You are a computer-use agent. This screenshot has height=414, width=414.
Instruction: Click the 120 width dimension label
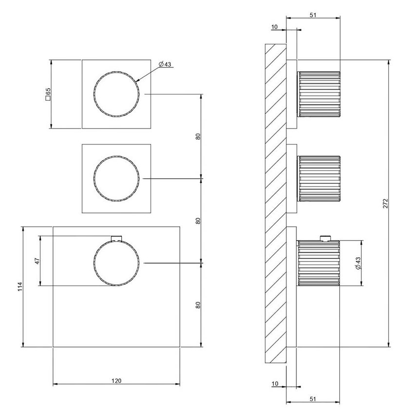116,380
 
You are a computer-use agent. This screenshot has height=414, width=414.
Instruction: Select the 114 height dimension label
20,287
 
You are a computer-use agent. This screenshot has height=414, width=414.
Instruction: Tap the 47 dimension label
37,261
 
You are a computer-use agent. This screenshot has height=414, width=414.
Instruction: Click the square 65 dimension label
48,94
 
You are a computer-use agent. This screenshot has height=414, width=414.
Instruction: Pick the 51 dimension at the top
313,15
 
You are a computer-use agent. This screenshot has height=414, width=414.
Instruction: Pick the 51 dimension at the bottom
313,398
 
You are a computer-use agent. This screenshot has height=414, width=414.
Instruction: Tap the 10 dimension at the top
275,27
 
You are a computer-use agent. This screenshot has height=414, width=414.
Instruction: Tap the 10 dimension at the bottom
275,384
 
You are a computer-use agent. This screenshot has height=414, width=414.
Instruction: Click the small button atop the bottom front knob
116,238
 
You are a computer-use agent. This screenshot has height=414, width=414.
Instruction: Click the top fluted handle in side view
319,94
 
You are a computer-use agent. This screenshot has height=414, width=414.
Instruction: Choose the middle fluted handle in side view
319,178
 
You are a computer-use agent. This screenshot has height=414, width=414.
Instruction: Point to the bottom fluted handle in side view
319,263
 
